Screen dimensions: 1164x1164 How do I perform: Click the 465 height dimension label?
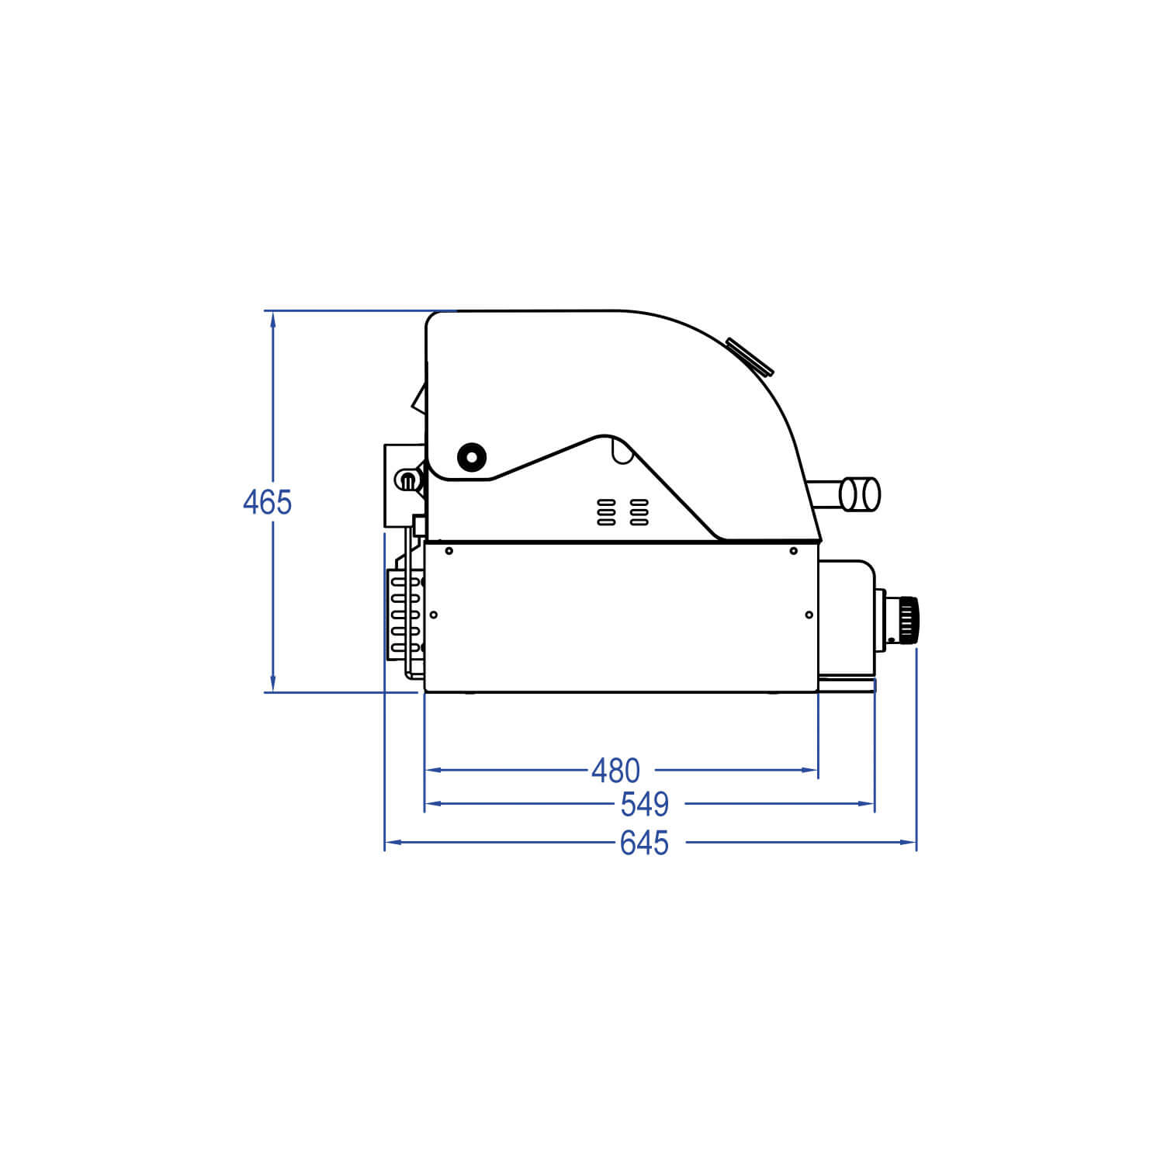267,503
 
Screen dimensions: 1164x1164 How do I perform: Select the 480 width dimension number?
615,771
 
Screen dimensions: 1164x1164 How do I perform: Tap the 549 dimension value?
645,805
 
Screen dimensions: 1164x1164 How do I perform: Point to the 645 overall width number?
644,843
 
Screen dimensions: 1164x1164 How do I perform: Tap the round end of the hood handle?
861,494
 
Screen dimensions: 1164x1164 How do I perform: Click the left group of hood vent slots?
606,512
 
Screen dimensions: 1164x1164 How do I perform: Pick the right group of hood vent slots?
639,512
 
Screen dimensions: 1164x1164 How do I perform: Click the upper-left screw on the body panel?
449,551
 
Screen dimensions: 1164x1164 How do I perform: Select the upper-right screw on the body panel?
793,551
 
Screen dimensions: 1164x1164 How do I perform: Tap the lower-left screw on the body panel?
434,615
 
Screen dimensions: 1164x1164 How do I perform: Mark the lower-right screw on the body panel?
809,615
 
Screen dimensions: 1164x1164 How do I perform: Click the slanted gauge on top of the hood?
750,357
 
